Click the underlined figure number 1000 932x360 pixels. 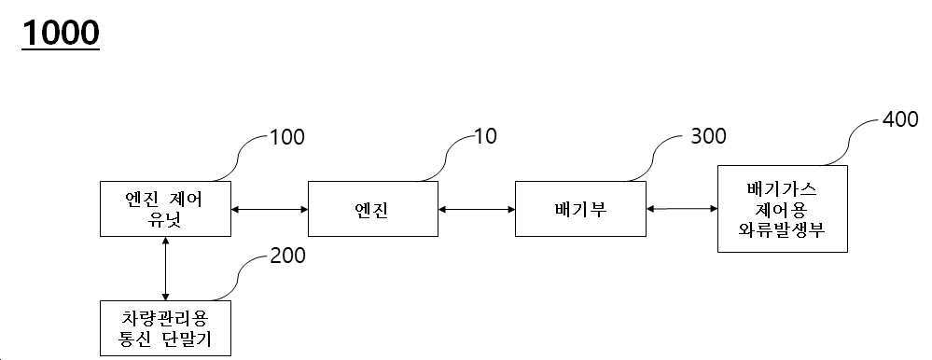coord(60,33)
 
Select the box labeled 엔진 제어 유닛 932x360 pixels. coord(165,209)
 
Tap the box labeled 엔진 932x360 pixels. coord(372,209)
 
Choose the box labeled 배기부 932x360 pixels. coord(579,209)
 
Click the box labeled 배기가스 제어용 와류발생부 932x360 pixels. coord(782,209)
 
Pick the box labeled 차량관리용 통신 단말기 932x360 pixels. coord(165,327)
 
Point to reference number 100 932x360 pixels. coord(286,137)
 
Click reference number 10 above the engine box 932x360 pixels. coord(484,137)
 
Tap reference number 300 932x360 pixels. coord(708,137)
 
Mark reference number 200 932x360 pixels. coord(286,255)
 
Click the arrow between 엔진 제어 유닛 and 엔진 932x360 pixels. coord(269,209)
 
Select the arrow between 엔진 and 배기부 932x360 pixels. coord(476,209)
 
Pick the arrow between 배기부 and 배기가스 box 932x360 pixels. coord(681,209)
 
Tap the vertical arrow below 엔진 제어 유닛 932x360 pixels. coord(165,269)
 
